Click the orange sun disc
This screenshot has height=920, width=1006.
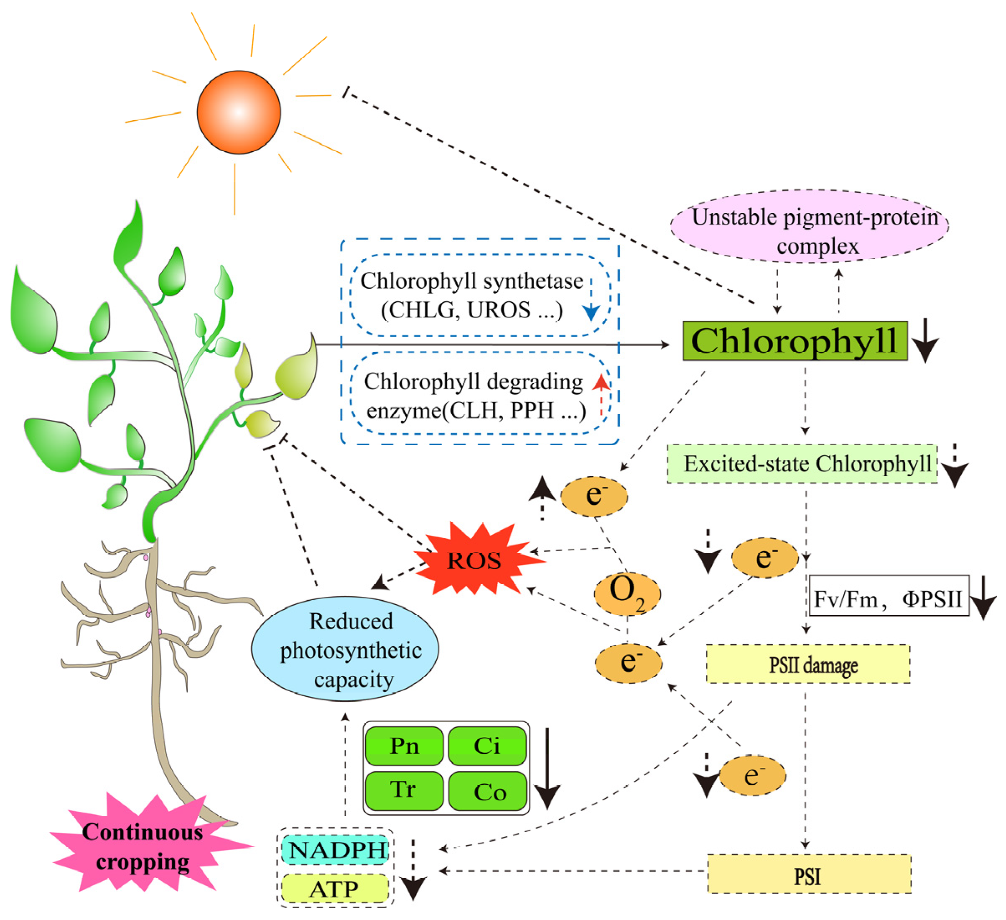[x=239, y=112]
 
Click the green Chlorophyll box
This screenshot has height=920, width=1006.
[x=795, y=341]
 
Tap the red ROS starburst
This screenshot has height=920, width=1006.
[x=474, y=560]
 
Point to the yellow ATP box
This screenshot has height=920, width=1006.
[x=335, y=889]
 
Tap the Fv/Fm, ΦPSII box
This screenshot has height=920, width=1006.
[x=888, y=596]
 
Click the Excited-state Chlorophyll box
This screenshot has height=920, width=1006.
[x=802, y=464]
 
